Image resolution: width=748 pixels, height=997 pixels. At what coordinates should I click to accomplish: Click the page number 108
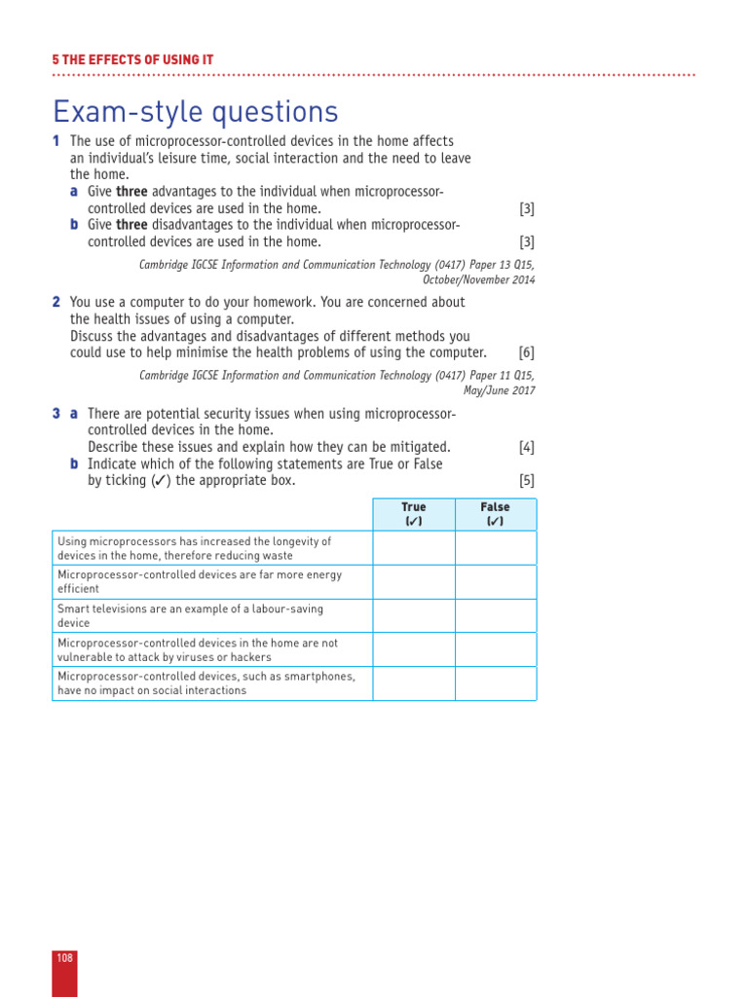pyautogui.click(x=64, y=958)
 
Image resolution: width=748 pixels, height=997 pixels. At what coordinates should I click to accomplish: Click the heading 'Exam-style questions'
pyautogui.click(x=196, y=112)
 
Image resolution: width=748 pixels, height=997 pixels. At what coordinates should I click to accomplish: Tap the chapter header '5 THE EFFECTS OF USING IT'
pyautogui.click(x=132, y=60)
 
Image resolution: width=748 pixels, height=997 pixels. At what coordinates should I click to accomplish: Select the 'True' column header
pyautogui.click(x=414, y=514)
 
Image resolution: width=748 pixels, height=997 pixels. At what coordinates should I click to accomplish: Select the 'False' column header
pyautogui.click(x=495, y=514)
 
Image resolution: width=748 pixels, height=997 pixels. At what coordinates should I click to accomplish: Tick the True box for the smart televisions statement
pyautogui.click(x=414, y=615)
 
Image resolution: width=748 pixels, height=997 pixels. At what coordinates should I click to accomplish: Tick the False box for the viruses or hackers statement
pyautogui.click(x=495, y=649)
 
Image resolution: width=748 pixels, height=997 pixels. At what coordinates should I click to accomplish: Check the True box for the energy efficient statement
pyautogui.click(x=414, y=582)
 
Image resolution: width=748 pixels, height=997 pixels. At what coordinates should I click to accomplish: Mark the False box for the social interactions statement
pyautogui.click(x=495, y=683)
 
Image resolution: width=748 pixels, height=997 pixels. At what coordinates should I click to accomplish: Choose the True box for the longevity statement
pyautogui.click(x=414, y=548)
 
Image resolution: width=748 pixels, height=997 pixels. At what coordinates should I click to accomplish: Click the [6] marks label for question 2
pyautogui.click(x=526, y=352)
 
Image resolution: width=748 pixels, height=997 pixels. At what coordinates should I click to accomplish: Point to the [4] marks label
pyautogui.click(x=526, y=447)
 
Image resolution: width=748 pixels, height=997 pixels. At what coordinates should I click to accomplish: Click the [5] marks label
pyautogui.click(x=526, y=480)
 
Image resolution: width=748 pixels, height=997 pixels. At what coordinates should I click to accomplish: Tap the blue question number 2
pyautogui.click(x=56, y=303)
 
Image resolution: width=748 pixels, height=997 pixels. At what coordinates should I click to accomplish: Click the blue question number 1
pyautogui.click(x=56, y=141)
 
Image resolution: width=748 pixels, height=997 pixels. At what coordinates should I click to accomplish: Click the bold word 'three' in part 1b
pyautogui.click(x=131, y=225)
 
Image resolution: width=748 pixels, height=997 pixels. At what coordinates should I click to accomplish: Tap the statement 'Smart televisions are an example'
pyautogui.click(x=190, y=609)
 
